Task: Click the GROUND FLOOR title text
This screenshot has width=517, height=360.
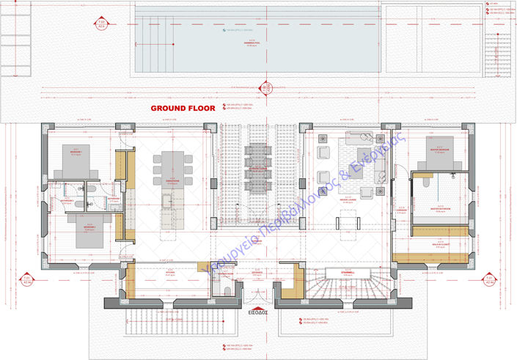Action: (183, 108)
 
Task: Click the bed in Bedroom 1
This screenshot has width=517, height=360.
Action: (75, 153)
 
